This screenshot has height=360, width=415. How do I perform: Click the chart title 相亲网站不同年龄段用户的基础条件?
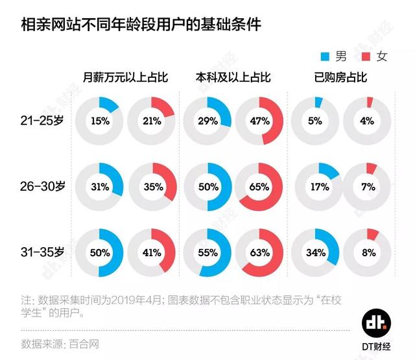pyautogui.click(x=142, y=25)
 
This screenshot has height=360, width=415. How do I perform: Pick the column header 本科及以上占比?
pyautogui.click(x=233, y=78)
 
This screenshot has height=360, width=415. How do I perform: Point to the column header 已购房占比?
pyautogui.click(x=340, y=78)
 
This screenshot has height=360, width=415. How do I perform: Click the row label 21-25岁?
pyautogui.click(x=40, y=121)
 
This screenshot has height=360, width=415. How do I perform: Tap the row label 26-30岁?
pyautogui.click(x=40, y=187)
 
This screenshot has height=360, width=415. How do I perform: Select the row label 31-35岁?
pyautogui.click(x=40, y=252)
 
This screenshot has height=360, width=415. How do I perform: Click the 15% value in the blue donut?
pyautogui.click(x=100, y=121)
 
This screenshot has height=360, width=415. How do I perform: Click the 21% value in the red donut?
pyautogui.click(x=152, y=121)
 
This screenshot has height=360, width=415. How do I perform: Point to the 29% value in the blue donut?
pyautogui.click(x=207, y=121)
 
